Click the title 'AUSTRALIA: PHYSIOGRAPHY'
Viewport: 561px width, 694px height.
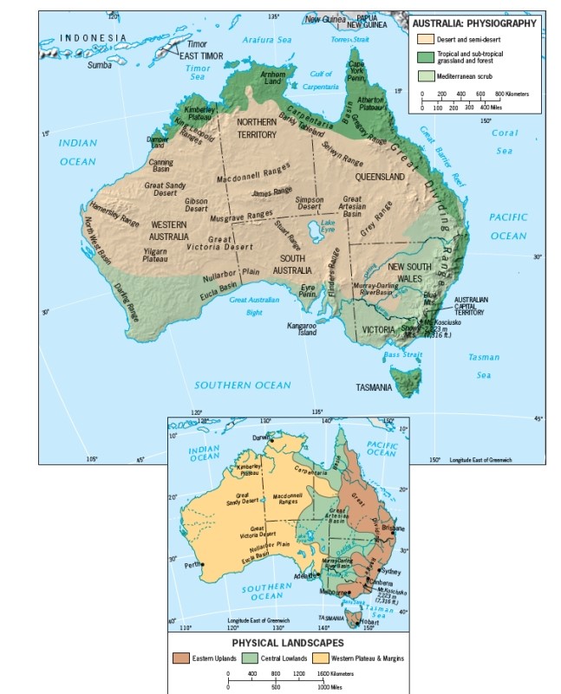(474, 23)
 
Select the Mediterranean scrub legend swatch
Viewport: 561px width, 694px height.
(424, 75)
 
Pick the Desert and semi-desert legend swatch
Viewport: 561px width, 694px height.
(424, 39)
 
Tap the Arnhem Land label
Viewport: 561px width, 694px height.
(274, 78)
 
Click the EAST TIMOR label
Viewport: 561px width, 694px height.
(200, 55)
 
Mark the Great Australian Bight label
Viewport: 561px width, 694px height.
(254, 305)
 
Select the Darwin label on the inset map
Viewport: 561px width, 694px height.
(259, 438)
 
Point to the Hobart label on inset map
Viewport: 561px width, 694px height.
(369, 622)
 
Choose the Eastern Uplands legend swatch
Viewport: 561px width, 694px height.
(179, 658)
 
